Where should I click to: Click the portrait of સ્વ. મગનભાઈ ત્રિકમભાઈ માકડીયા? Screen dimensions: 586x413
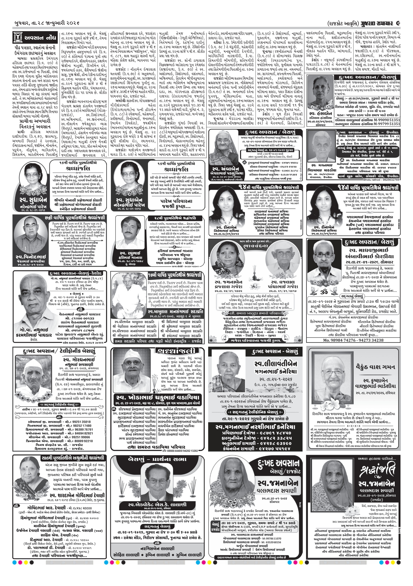coord(319,147)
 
